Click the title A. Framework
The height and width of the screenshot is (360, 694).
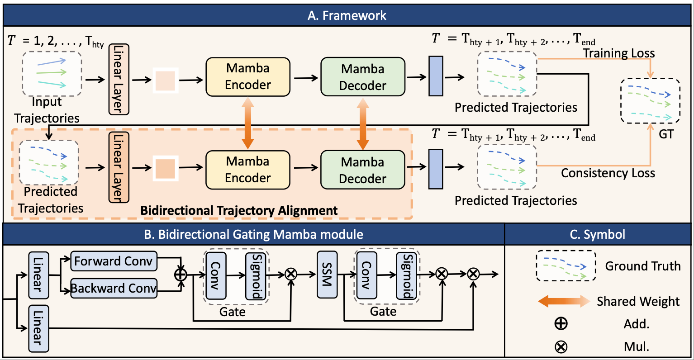347,15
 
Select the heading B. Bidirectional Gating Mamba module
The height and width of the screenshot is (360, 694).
253,234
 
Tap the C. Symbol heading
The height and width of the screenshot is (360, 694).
598,234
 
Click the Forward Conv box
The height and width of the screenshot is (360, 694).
114,261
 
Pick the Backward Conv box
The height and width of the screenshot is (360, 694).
114,288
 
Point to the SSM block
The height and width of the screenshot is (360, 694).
327,275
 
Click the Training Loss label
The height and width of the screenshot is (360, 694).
618,53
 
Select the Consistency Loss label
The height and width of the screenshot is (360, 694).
608,173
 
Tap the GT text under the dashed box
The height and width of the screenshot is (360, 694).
665,134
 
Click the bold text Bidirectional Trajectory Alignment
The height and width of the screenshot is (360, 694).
239,211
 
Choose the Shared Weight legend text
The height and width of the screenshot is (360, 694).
638,301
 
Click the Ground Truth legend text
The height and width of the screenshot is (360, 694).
642,266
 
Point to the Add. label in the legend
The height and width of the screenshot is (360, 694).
636,324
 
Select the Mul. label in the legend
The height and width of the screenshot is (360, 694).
636,347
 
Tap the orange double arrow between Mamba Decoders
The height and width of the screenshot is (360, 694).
362,123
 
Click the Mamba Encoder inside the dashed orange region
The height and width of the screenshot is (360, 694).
247,170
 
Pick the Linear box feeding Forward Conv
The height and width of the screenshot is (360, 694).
38,275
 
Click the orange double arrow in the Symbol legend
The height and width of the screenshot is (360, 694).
564,302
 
